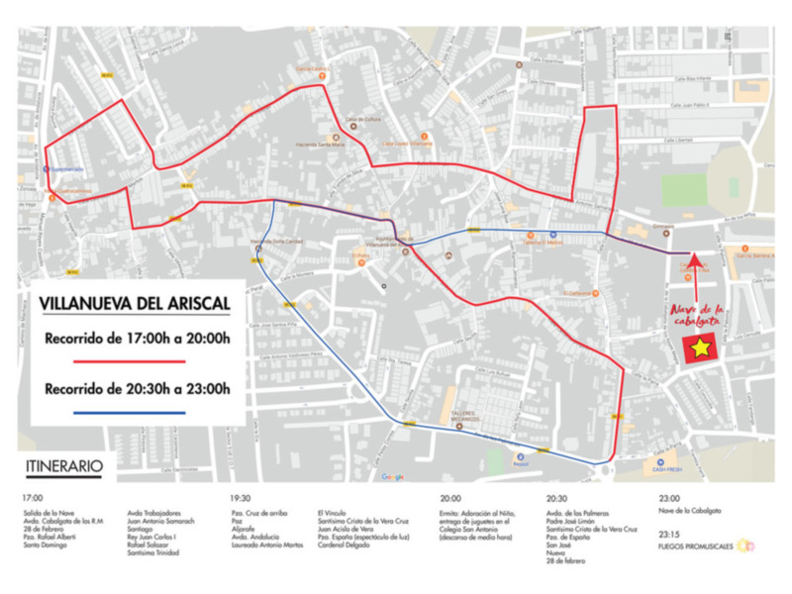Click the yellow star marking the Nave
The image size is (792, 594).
coord(701,347)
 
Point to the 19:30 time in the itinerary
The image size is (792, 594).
coord(241,498)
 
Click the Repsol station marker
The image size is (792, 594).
coord(521,455)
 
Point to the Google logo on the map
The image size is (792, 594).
coord(393,477)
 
